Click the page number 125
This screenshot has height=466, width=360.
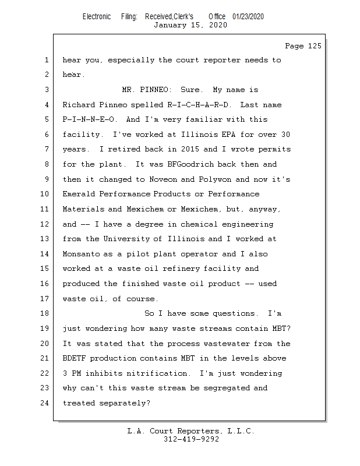315,46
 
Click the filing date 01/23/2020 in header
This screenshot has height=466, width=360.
248,17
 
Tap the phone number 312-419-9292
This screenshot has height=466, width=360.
191,439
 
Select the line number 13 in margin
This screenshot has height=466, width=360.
44,239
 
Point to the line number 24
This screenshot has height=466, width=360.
44,403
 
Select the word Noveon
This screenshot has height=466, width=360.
163,179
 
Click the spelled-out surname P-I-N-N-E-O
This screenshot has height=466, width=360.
89,119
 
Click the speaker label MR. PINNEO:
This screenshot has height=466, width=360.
147,90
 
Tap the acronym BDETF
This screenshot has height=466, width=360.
74,358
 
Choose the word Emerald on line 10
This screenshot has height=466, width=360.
79,194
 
